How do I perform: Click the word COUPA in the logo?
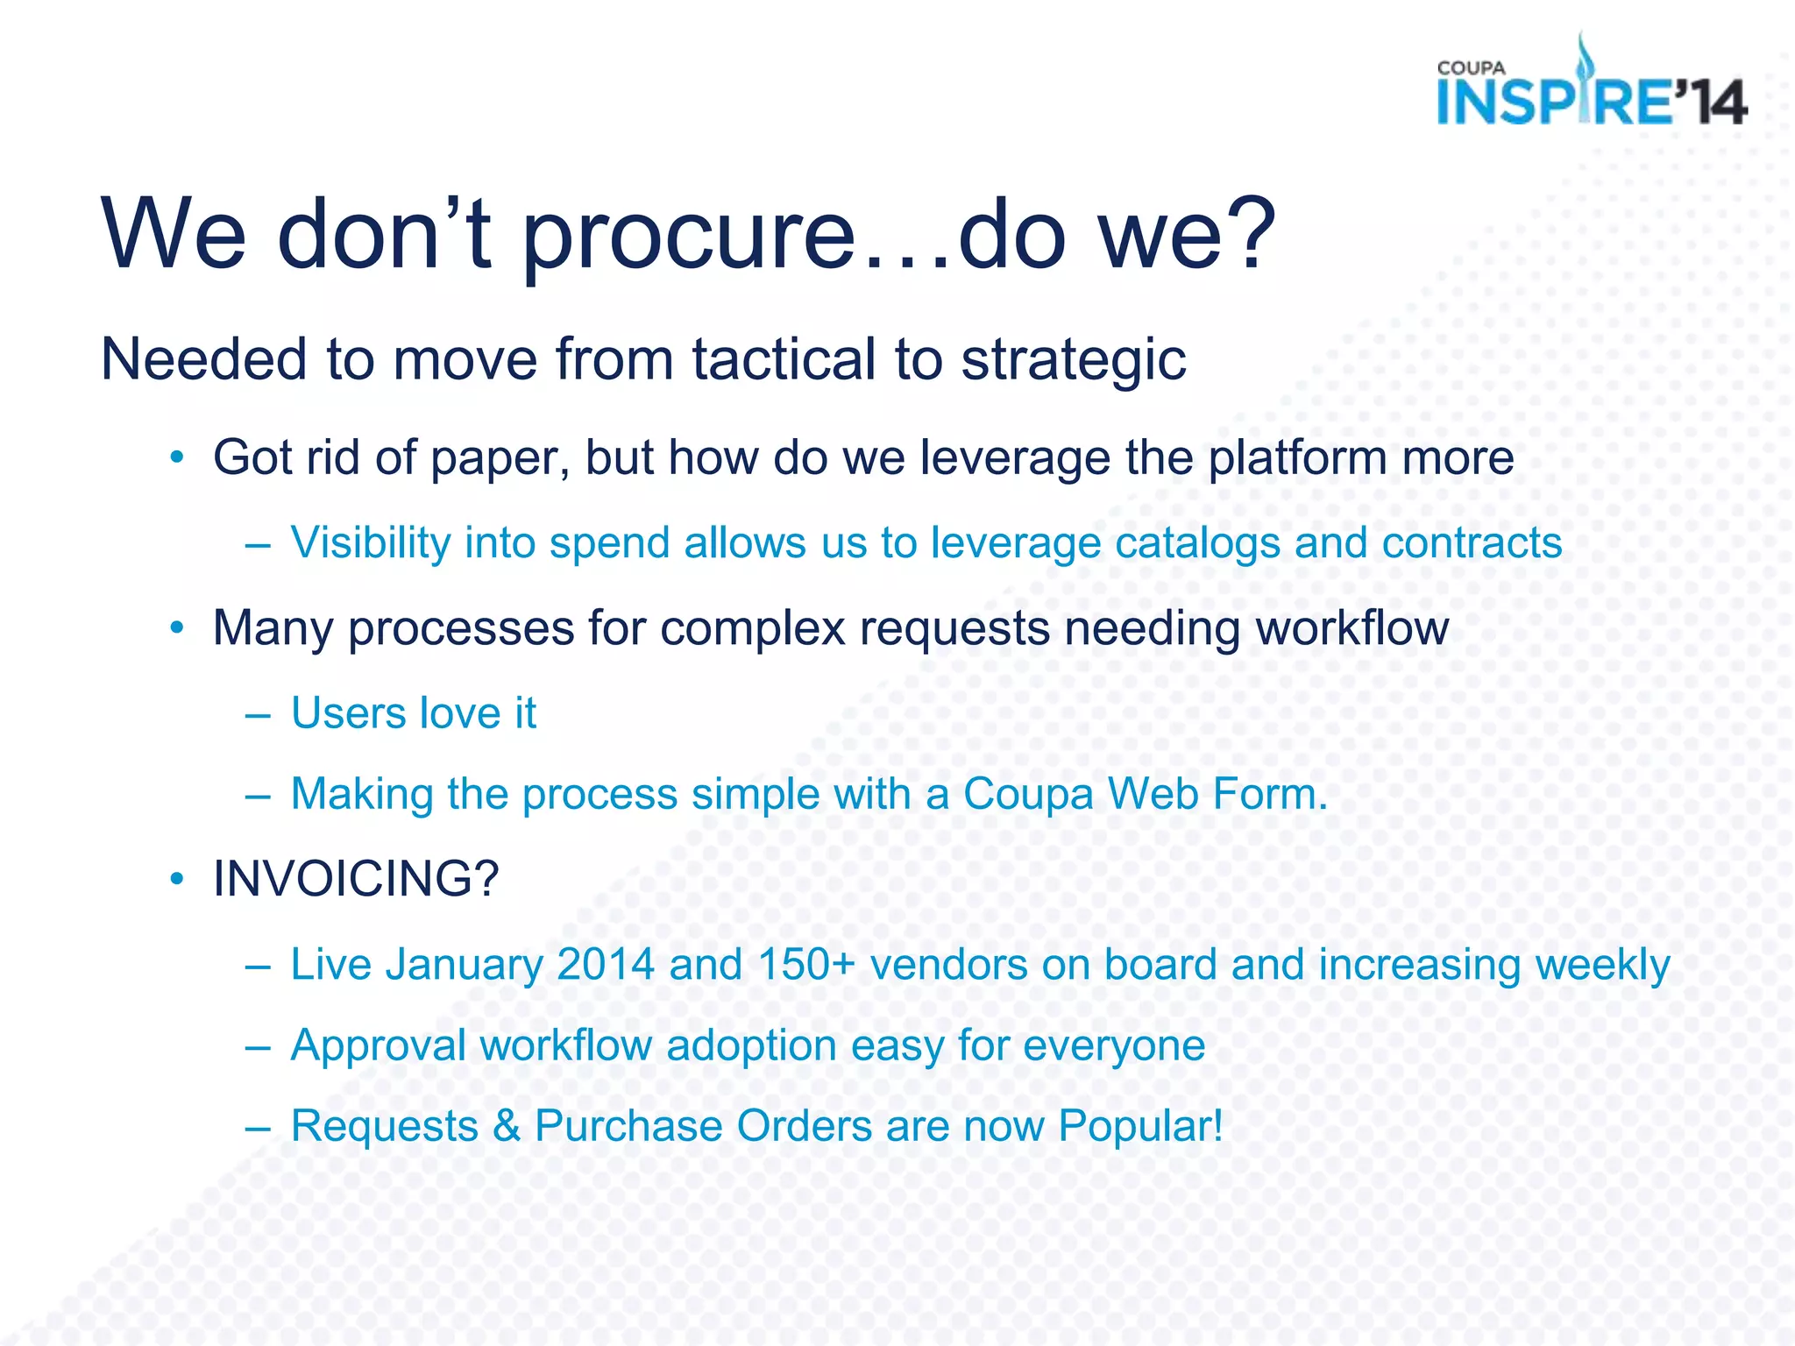[1471, 68]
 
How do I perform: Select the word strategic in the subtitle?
[1073, 360]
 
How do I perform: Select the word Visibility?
[371, 542]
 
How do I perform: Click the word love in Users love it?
[453, 713]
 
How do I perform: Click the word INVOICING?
[356, 879]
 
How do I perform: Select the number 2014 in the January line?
[606, 965]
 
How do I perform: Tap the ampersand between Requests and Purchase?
[507, 1127]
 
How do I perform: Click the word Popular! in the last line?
[1139, 1127]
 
